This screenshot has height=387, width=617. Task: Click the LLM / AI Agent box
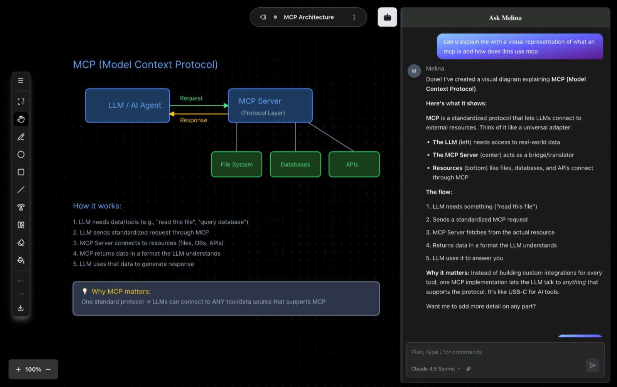pos(127,106)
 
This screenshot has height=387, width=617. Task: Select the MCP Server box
pos(270,106)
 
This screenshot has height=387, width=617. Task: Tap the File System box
pos(236,164)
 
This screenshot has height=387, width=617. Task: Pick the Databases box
pos(295,164)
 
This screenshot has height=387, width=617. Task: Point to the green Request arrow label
pos(191,99)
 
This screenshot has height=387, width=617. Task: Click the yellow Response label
pos(194,120)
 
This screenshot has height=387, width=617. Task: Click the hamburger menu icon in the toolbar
pos(21,81)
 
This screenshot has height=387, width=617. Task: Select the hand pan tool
pos(21,119)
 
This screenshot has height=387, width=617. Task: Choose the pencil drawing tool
pos(21,137)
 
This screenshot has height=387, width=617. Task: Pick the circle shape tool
pos(21,154)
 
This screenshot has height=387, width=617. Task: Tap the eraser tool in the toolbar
pos(21,243)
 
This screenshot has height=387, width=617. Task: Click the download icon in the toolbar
pos(21,308)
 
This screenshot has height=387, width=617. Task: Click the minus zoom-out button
pos(49,369)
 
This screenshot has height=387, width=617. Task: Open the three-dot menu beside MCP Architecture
pos(354,17)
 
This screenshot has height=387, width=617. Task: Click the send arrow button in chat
pos(592,365)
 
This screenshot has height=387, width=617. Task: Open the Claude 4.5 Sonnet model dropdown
pos(436,369)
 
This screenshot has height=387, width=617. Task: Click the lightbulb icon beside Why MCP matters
pos(85,292)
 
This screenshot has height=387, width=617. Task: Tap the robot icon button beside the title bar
pos(387,17)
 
